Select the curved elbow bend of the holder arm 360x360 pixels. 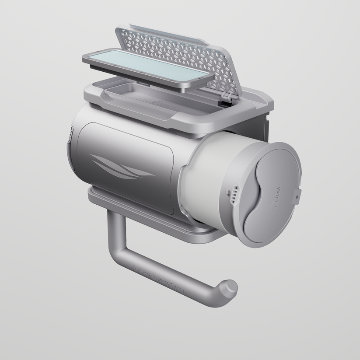118,258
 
